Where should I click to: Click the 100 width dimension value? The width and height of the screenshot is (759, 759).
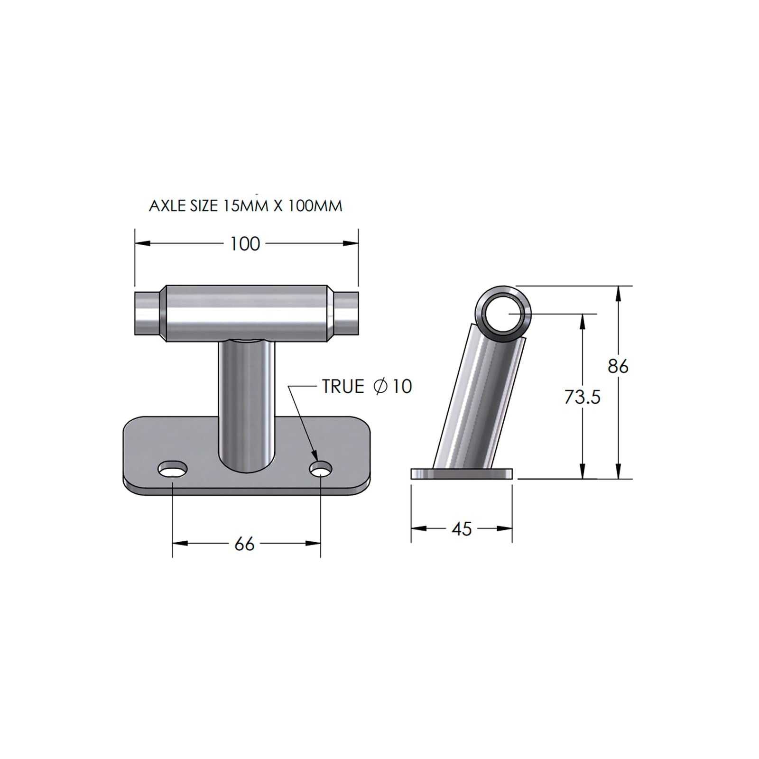[x=245, y=244]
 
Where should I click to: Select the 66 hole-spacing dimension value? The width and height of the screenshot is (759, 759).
[x=245, y=544]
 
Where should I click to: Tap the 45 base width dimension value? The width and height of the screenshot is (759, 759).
[x=462, y=529]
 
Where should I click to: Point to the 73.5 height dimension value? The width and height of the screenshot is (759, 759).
[x=583, y=397]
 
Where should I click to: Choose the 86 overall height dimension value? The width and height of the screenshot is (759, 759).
[x=618, y=366]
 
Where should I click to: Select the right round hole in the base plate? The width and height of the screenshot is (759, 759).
[x=321, y=470]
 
